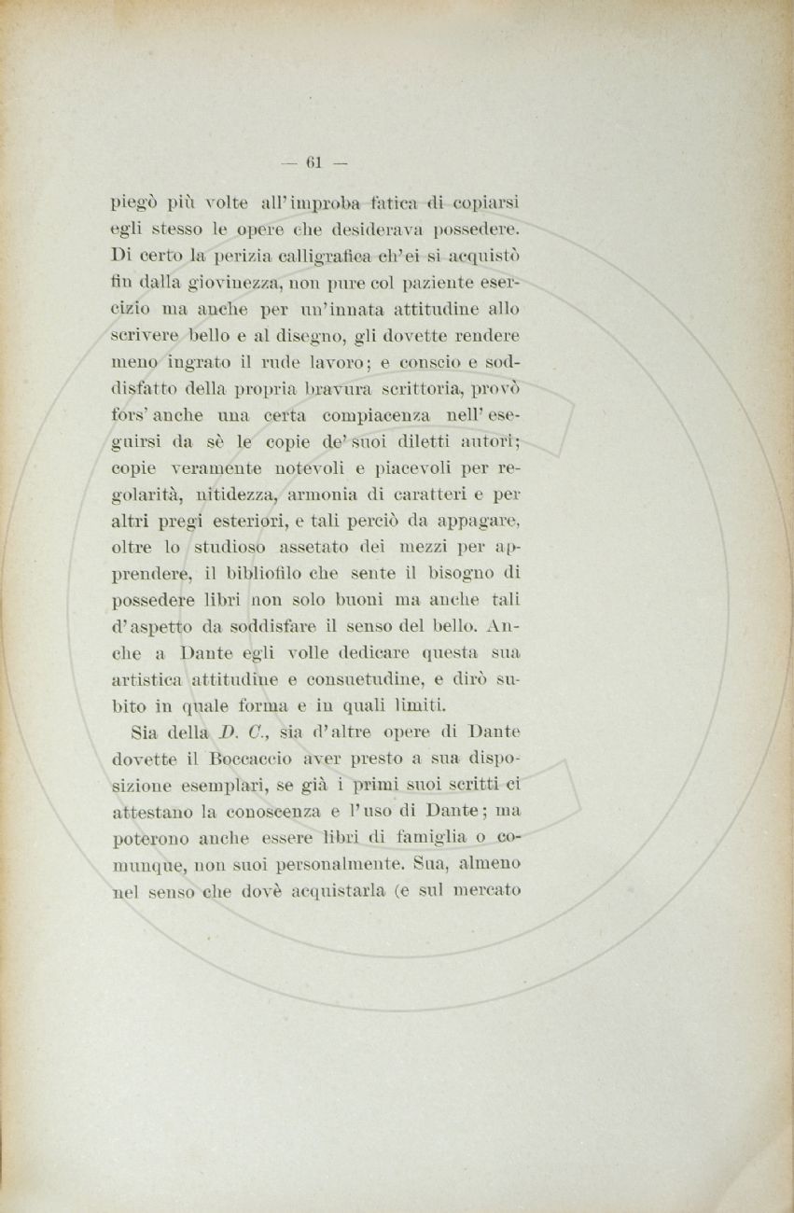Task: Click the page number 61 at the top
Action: click(x=313, y=162)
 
